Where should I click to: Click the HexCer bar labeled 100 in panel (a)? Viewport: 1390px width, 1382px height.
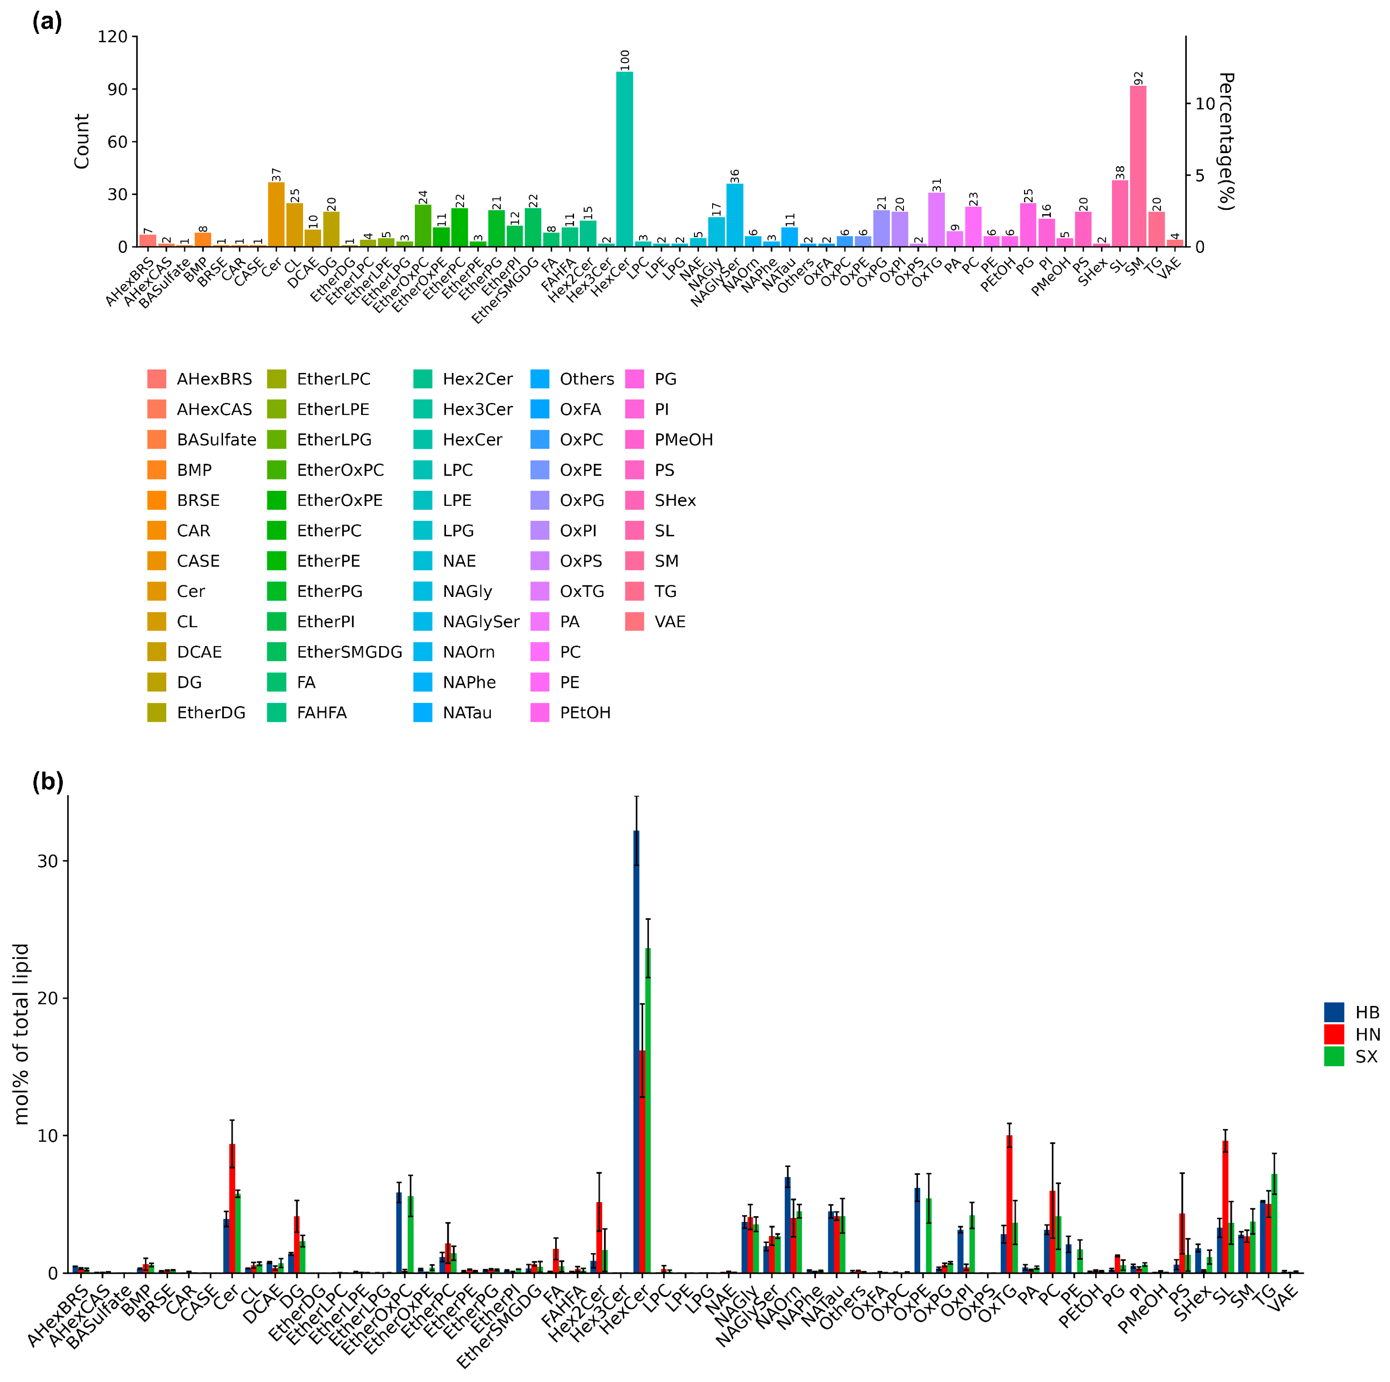[x=625, y=158]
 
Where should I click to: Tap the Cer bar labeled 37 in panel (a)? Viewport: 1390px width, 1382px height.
[x=276, y=214]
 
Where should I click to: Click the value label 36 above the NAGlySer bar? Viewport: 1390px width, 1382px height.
[x=735, y=176]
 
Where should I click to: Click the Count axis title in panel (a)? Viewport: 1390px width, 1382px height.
[x=81, y=141]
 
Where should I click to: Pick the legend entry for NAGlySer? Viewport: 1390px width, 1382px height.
[x=481, y=622]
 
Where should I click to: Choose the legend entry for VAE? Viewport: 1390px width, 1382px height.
[x=669, y=622]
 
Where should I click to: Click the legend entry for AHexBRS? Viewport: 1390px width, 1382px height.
[x=214, y=379]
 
